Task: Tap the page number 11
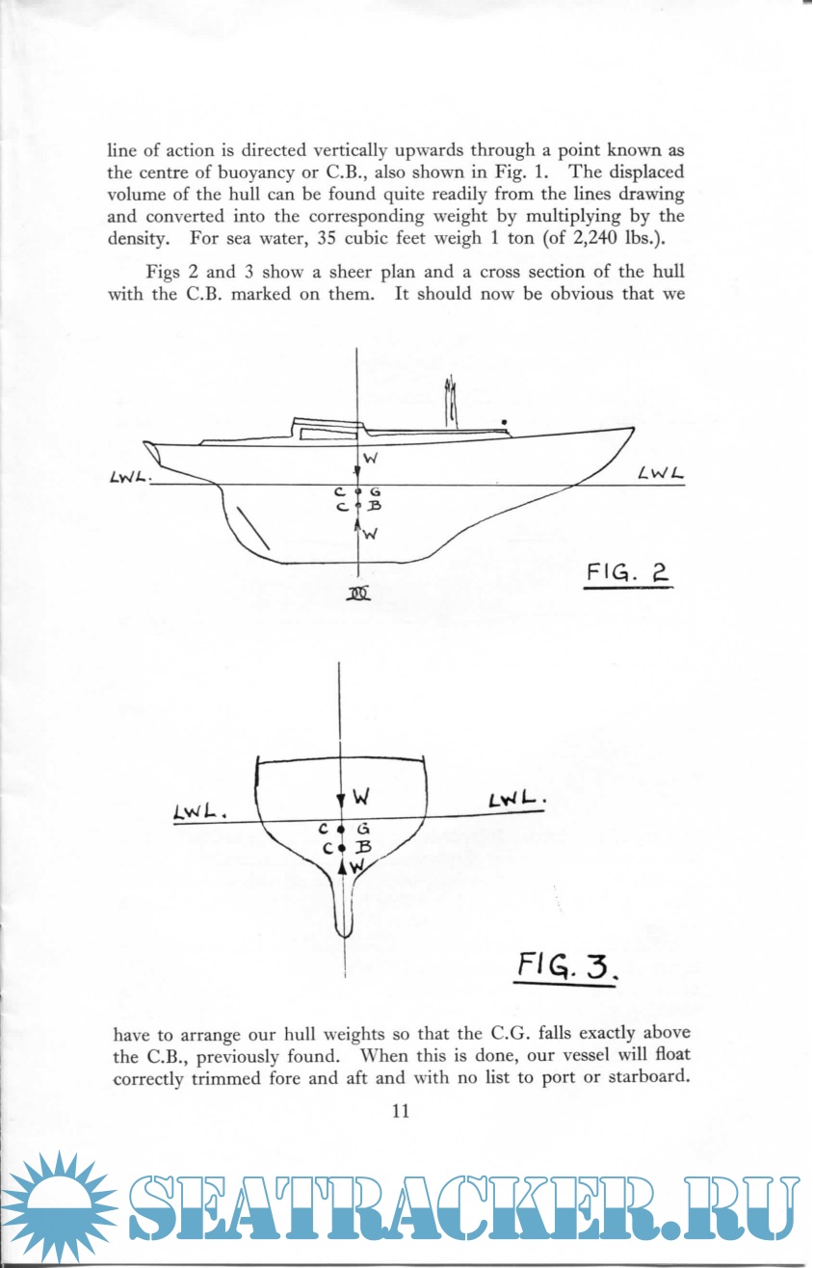pos(402,1111)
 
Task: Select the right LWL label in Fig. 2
pos(660,473)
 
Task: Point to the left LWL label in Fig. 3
pos(198,814)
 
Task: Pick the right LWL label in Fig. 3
pos(518,802)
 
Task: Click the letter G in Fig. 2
pos(375,491)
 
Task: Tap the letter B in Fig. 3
pos(364,847)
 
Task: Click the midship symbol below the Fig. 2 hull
pos(358,594)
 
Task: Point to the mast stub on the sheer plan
pos(449,403)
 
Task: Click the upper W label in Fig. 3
pos(362,798)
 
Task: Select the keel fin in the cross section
pos(343,906)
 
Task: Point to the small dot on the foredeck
pos(505,422)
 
